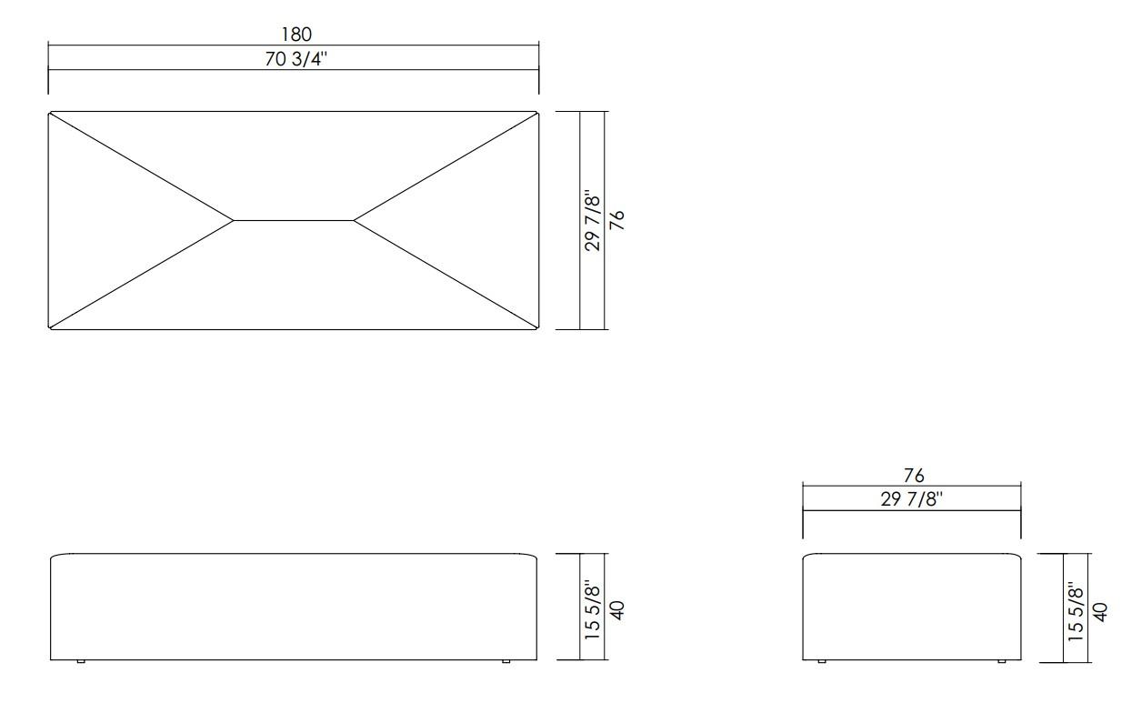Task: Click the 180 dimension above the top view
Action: click(296, 35)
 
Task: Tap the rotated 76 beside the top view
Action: click(618, 220)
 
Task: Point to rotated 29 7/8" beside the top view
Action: click(594, 220)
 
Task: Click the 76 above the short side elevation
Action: click(914, 477)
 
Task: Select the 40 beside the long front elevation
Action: click(618, 608)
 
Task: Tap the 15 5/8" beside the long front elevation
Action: click(594, 608)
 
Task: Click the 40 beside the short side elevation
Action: click(1100, 608)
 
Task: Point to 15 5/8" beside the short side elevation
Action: click(1077, 608)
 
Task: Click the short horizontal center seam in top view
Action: click(294, 220)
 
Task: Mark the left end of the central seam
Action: click(234, 220)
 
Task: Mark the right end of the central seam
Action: click(354, 220)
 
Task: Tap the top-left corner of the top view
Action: click(49, 112)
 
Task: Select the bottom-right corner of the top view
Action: click(539, 329)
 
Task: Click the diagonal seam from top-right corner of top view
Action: click(446, 166)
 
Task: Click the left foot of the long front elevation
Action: click(81, 662)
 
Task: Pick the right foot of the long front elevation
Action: click(506, 662)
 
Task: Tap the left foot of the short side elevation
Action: click(822, 662)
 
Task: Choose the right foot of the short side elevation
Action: click(1002, 662)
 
